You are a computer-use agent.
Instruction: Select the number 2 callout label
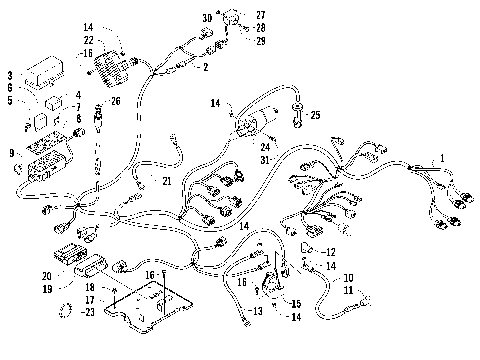[206, 67]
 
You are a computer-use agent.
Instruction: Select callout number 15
[296, 303]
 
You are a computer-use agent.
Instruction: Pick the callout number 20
[46, 275]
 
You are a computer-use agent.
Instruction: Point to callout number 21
[167, 180]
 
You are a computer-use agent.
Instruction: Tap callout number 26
[116, 100]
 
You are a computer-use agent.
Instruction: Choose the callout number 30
[207, 19]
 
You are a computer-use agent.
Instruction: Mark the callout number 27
[262, 14]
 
